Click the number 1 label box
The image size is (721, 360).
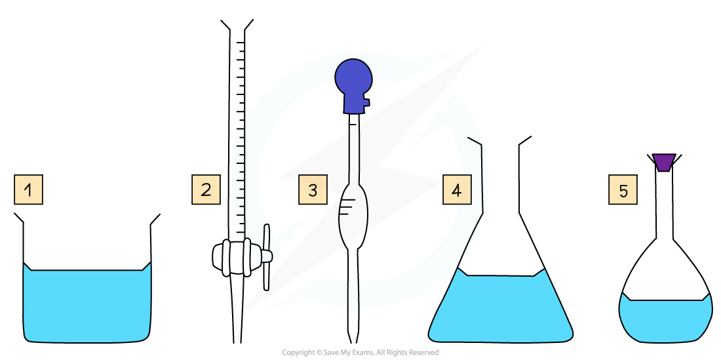28,190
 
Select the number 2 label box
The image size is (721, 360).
206,190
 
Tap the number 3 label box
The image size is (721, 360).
313,190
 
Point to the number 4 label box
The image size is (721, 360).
457,190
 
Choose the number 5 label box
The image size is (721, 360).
623,190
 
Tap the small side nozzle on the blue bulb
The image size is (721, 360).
365,102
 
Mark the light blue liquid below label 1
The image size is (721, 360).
87,305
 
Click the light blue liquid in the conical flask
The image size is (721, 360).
501,308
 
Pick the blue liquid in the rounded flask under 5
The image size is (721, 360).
665,320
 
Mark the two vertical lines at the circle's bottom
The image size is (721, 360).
353,294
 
